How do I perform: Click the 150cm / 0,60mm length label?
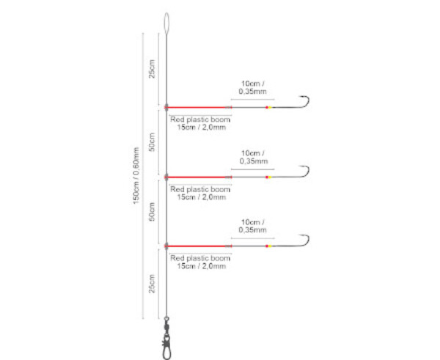pos(136,176)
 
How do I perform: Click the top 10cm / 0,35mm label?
pos(253,87)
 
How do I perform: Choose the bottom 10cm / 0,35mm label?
pos(253,227)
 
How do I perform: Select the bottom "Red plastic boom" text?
pos(200,258)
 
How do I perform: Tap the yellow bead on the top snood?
pos(269,106)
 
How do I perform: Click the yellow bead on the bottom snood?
pos(269,246)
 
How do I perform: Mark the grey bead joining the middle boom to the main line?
pos(167,177)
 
